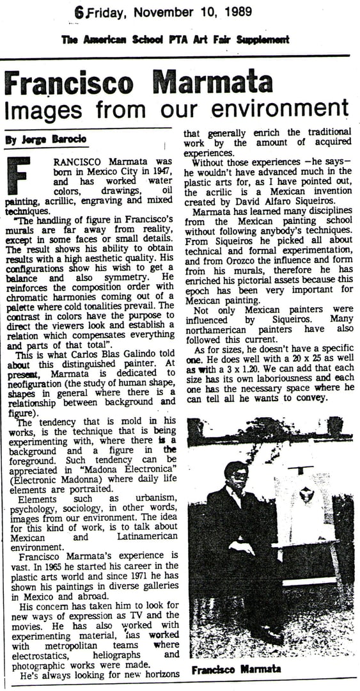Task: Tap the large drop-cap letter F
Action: click(x=18, y=175)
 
